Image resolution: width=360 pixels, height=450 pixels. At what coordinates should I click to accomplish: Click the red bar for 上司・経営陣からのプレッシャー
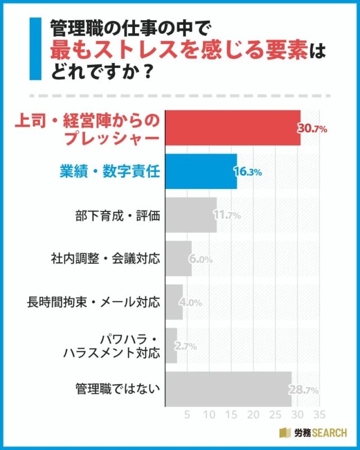(x=232, y=129)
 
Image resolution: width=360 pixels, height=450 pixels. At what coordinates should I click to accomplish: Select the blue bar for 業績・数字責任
(x=200, y=172)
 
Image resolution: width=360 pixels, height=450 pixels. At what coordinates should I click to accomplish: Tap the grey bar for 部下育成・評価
(x=191, y=215)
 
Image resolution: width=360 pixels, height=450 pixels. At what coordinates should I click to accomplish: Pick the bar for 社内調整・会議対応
(x=178, y=259)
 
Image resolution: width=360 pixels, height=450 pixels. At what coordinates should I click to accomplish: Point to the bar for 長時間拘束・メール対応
(x=174, y=302)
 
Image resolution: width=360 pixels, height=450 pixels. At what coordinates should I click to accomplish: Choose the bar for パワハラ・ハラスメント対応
(x=171, y=345)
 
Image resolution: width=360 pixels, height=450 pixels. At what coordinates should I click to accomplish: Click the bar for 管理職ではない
(x=228, y=389)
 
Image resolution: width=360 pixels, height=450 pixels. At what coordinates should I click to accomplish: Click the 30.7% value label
(x=313, y=129)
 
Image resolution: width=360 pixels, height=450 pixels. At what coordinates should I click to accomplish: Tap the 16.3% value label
(x=248, y=172)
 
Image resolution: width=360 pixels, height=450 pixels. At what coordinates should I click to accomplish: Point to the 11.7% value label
(x=227, y=215)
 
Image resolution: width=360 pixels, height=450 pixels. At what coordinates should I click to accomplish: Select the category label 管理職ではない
(x=118, y=389)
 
